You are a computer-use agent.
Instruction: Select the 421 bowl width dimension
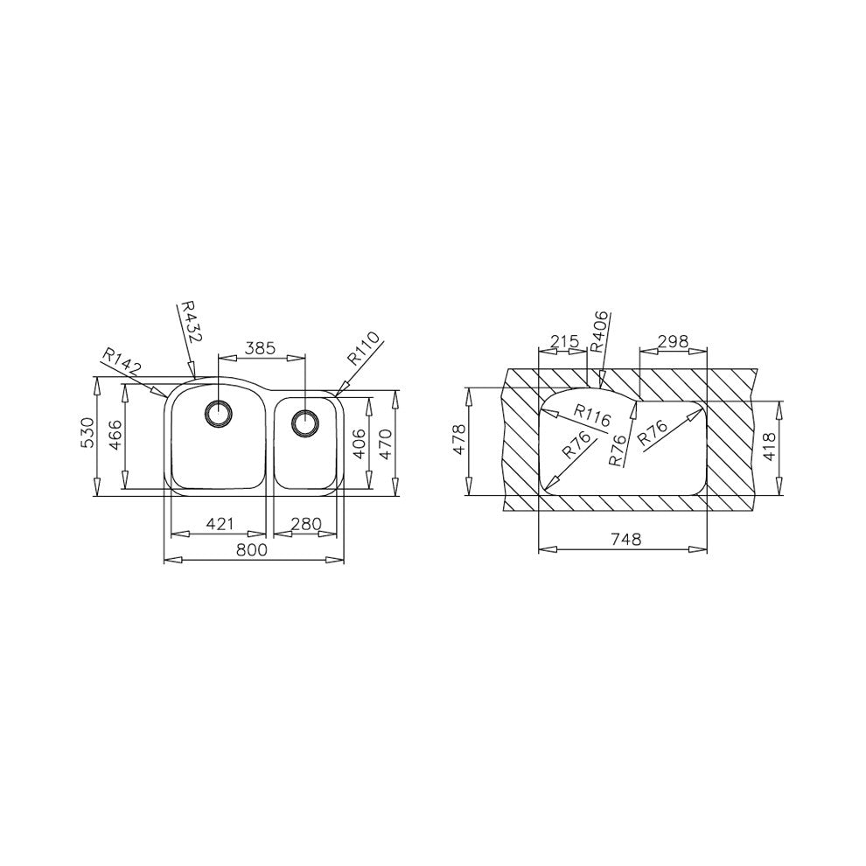pyautogui.click(x=220, y=523)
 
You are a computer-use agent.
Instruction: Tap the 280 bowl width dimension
pyautogui.click(x=306, y=523)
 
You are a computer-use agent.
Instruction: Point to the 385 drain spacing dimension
pyautogui.click(x=260, y=348)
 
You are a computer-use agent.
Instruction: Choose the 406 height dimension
pyautogui.click(x=359, y=443)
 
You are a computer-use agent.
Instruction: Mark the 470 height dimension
pyautogui.click(x=385, y=443)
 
